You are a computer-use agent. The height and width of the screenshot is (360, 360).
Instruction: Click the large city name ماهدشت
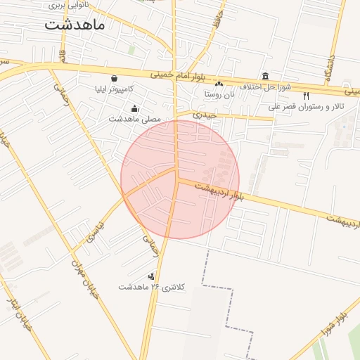pyautogui.click(x=75, y=25)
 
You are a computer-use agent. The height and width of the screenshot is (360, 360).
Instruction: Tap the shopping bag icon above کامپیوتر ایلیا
pyautogui.click(x=114, y=78)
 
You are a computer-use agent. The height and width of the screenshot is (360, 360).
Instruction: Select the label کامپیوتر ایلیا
pyautogui.click(x=114, y=89)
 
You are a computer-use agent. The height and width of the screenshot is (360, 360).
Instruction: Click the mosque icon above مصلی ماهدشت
pyautogui.click(x=134, y=108)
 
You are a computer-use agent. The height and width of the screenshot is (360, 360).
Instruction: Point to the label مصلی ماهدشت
pyautogui.click(x=134, y=120)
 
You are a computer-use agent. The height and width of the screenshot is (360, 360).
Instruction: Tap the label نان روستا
pyautogui.click(x=218, y=94)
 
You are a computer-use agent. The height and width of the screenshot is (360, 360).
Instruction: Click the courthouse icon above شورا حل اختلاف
pyautogui.click(x=265, y=76)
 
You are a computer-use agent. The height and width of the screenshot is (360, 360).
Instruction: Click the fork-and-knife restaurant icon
pyautogui.click(x=306, y=96)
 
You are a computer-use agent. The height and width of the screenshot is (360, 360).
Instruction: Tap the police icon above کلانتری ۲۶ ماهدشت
pyautogui.click(x=151, y=276)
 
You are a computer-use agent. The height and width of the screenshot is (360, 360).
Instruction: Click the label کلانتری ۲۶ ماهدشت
pyautogui.click(x=151, y=287)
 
